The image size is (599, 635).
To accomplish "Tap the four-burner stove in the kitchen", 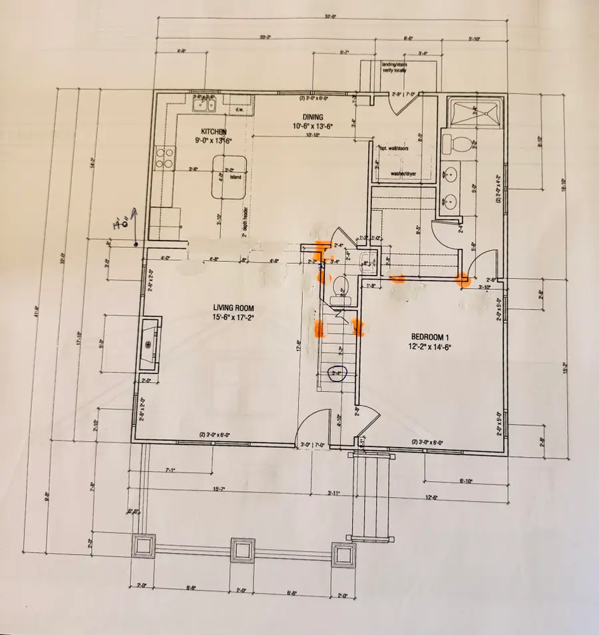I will click(164, 157).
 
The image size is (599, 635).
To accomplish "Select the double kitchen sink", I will click(205, 104).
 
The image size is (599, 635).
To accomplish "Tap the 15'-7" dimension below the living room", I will click(219, 490).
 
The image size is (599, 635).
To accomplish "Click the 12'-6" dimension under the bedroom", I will click(433, 496).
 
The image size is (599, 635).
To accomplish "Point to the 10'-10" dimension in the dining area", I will click(313, 135).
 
